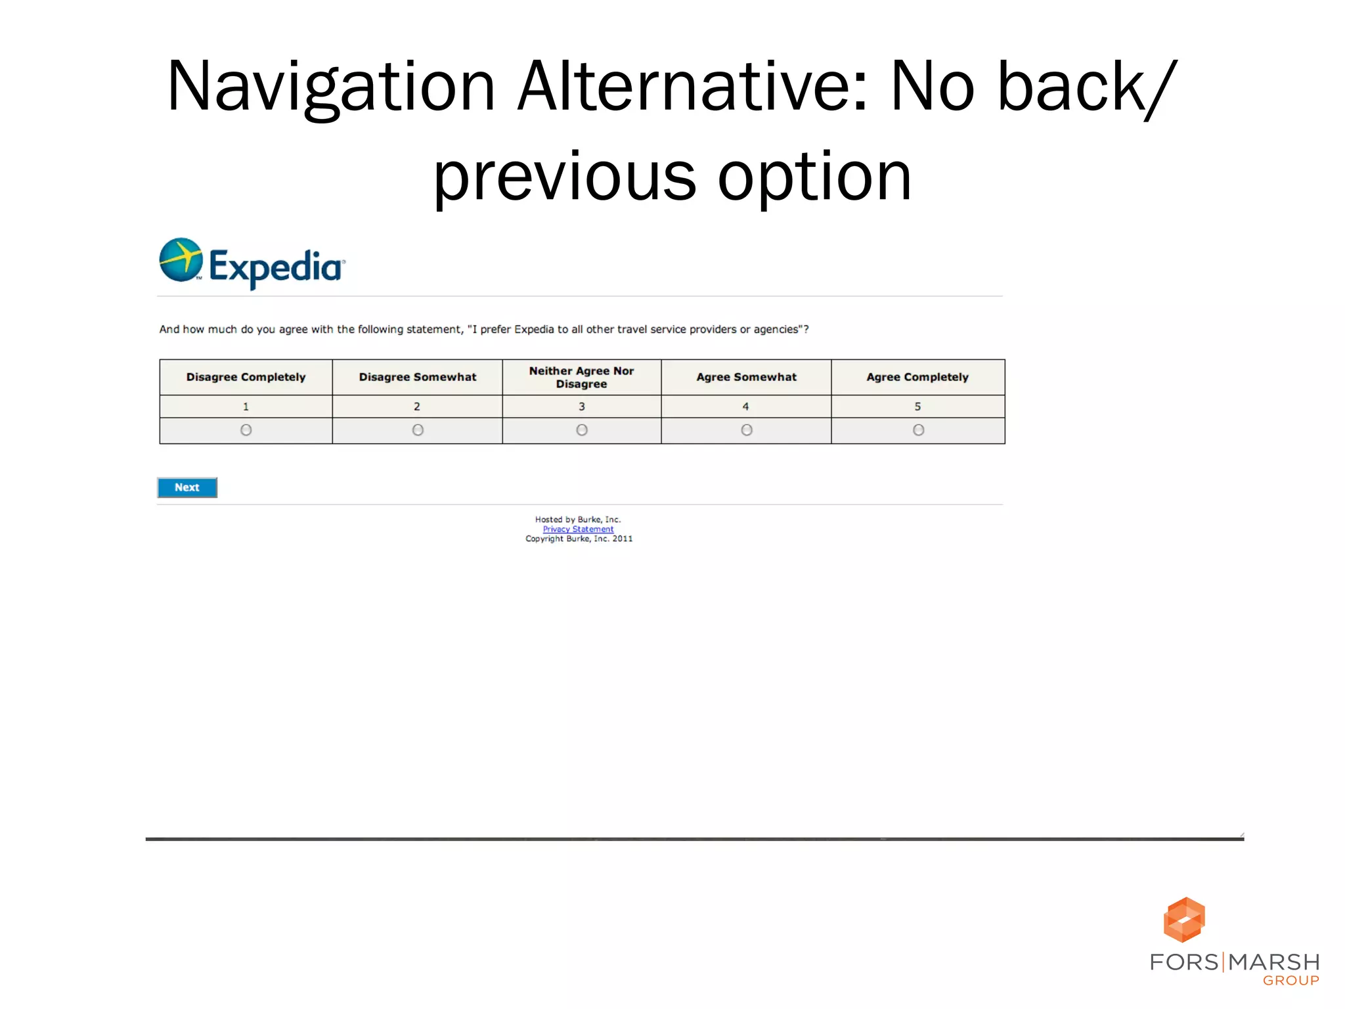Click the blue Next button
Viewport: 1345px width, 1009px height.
tap(187, 487)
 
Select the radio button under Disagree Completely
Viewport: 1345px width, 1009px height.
tap(246, 430)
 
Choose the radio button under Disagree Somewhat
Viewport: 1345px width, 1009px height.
tap(418, 430)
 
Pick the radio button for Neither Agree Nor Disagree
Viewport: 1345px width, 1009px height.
tap(582, 430)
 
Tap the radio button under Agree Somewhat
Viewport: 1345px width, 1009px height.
tap(747, 430)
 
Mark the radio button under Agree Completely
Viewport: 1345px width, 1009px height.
tap(918, 430)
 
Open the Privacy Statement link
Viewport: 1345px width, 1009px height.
tap(578, 529)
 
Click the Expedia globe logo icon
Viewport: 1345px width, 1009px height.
tap(181, 260)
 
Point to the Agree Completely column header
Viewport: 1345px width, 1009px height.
tap(917, 377)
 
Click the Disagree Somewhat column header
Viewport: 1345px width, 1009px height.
tap(418, 377)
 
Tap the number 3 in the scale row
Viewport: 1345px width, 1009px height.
tap(582, 407)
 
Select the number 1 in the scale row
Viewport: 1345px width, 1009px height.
tap(246, 407)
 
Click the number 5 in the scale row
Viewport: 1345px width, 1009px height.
tap(917, 407)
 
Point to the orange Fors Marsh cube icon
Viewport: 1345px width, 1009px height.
tap(1184, 920)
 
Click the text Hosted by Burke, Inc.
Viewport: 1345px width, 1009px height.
tap(578, 520)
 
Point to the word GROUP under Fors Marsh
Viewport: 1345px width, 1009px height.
tap(1290, 981)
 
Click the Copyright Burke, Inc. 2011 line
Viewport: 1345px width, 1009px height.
tap(579, 539)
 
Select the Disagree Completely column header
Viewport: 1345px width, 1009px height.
tap(246, 377)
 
